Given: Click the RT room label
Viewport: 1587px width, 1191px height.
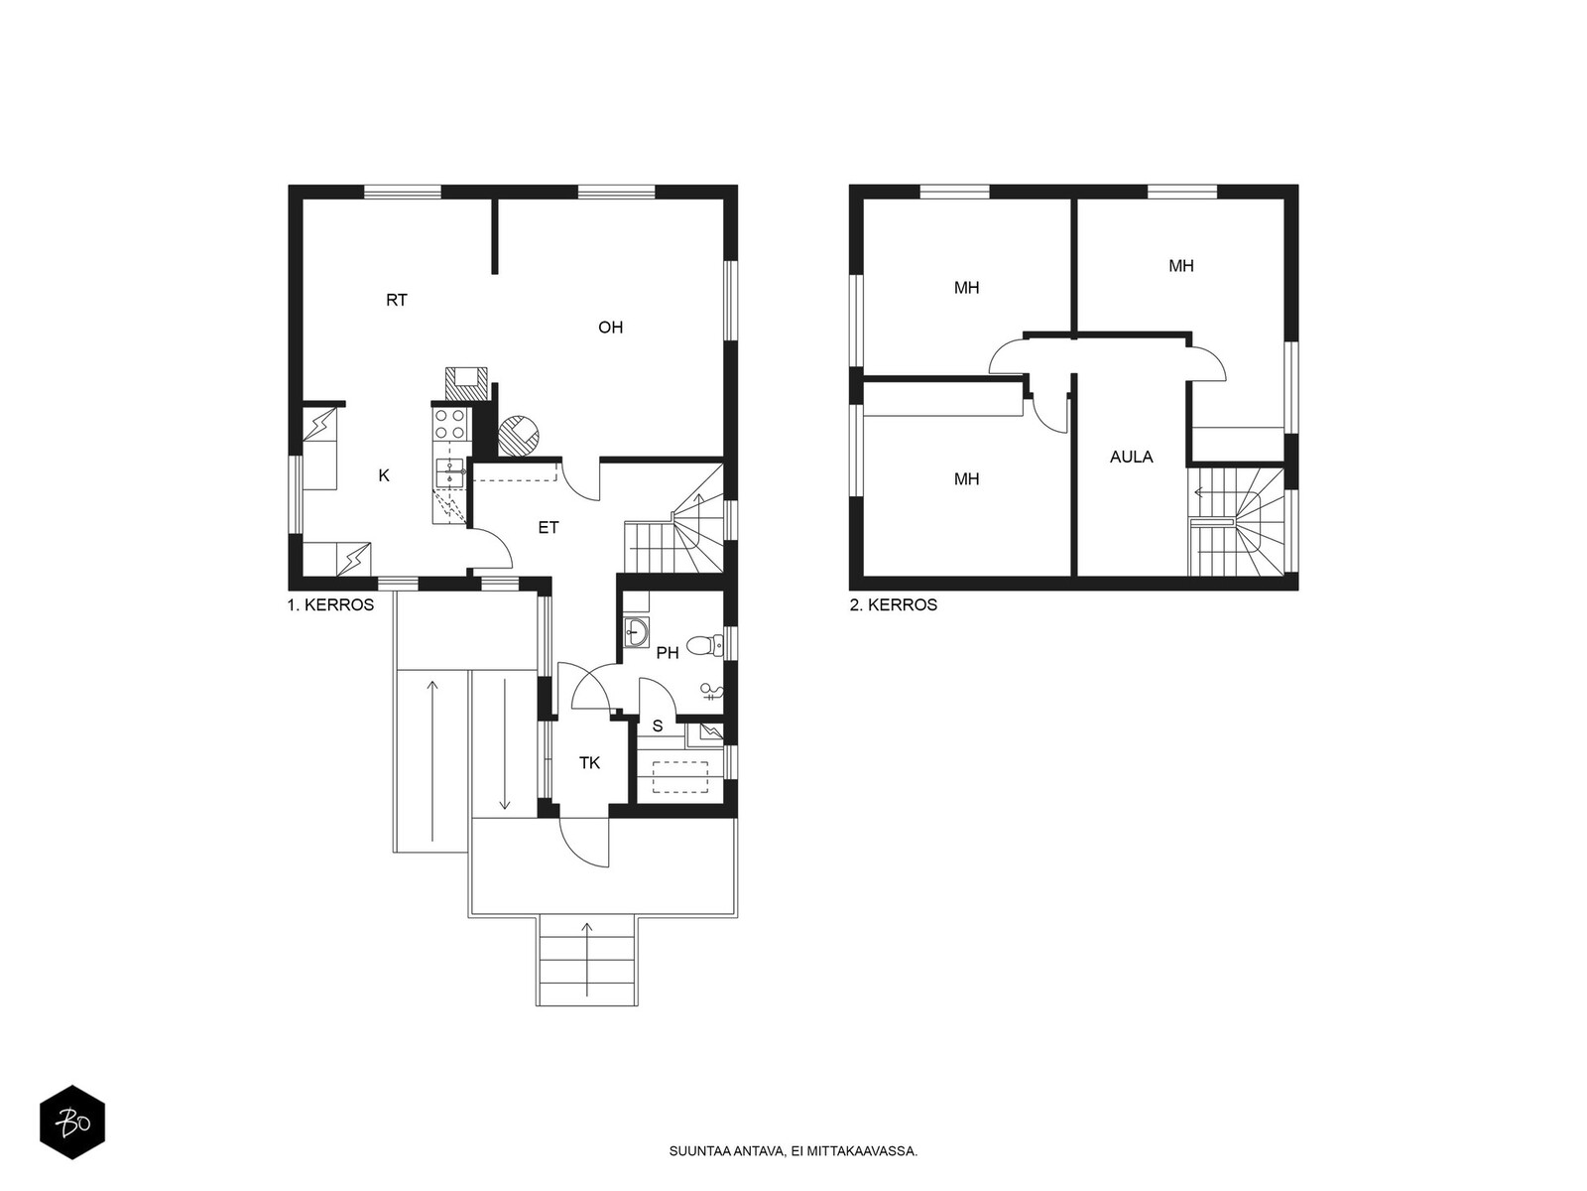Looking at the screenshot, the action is click(396, 300).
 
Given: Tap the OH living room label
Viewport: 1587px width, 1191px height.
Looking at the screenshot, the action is click(610, 328).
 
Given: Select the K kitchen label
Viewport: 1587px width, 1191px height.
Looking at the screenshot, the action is click(384, 475).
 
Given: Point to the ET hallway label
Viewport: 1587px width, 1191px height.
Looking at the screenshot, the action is click(549, 528).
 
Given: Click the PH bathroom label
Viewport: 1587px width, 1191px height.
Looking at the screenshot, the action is click(668, 653).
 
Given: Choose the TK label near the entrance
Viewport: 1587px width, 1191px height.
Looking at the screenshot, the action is click(589, 763).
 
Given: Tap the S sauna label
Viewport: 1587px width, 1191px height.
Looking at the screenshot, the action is click(658, 727).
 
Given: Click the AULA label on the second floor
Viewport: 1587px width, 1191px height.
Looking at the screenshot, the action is click(1131, 457).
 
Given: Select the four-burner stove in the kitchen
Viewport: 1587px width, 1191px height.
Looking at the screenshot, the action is click(449, 424).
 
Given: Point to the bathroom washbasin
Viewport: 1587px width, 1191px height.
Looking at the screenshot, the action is click(636, 632).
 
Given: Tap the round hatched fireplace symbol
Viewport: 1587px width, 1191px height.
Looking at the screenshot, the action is click(519, 436).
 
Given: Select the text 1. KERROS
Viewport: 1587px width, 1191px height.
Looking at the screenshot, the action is click(330, 605).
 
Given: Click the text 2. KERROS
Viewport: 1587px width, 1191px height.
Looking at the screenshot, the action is click(893, 605).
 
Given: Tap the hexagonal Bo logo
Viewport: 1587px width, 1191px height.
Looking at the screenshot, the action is click(72, 1123).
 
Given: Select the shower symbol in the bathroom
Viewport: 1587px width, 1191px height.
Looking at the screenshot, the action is click(711, 692).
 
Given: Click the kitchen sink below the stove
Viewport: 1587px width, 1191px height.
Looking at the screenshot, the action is click(449, 472).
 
